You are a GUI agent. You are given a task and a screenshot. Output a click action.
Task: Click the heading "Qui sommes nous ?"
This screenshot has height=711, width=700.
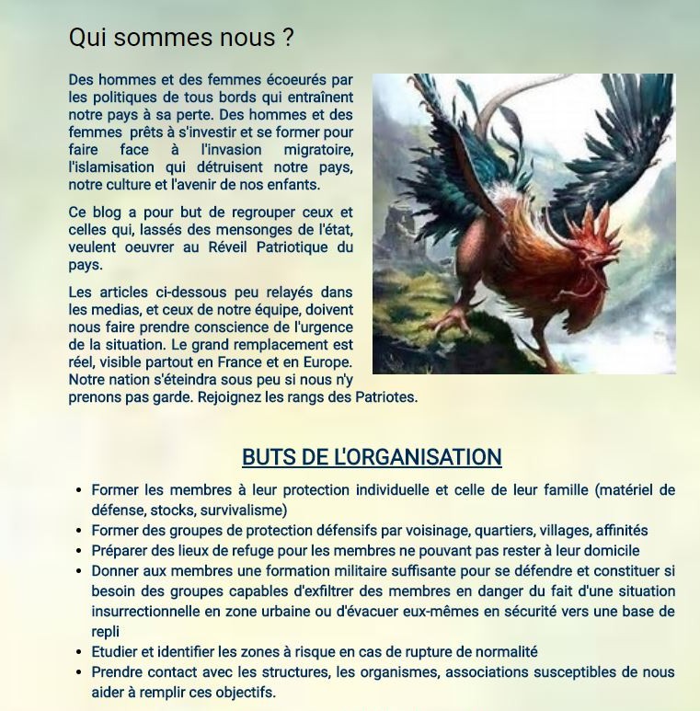181,38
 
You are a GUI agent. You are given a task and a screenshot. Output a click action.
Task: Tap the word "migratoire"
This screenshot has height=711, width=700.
317,150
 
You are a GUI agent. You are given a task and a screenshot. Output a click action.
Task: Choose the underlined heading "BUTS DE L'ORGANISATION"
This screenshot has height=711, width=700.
372,457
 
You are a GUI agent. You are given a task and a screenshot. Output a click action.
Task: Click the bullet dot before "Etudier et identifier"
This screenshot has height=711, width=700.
80,652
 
